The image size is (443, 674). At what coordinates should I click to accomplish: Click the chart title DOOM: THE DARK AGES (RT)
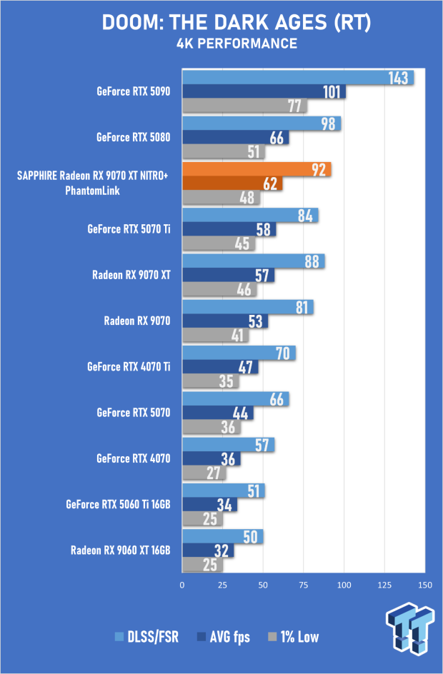pyautogui.click(x=236, y=23)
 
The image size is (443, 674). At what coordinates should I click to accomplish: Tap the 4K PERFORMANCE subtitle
pyautogui.click(x=237, y=44)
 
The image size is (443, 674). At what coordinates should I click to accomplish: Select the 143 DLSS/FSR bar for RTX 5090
pyautogui.click(x=298, y=78)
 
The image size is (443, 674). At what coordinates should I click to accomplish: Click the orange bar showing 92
pyautogui.click(x=257, y=169)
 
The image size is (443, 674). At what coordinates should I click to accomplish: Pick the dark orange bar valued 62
pyautogui.click(x=232, y=183)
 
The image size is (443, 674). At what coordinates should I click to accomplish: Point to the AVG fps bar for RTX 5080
pyautogui.click(x=236, y=138)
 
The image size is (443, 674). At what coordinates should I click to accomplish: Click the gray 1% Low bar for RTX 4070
pyautogui.click(x=204, y=473)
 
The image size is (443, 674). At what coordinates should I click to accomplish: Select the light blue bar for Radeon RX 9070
pyautogui.click(x=248, y=307)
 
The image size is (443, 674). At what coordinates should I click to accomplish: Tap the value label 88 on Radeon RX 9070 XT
pyautogui.click(x=312, y=261)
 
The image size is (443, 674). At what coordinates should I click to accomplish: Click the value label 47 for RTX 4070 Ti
pyautogui.click(x=246, y=367)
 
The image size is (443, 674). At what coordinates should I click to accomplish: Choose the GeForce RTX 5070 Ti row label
pyautogui.click(x=129, y=228)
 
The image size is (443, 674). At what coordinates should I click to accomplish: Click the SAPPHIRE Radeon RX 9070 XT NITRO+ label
pyautogui.click(x=92, y=176)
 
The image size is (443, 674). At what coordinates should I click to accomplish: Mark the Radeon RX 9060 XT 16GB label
pyautogui.click(x=121, y=550)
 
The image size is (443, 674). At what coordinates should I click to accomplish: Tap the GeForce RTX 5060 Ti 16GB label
pyautogui.click(x=119, y=504)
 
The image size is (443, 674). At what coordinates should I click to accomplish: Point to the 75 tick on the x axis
pyautogui.click(x=304, y=585)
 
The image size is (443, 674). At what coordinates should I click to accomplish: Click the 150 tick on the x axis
pyautogui.click(x=425, y=585)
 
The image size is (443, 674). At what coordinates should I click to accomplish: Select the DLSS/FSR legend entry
pyautogui.click(x=146, y=637)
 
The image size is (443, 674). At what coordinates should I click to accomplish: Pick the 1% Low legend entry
pyautogui.click(x=294, y=637)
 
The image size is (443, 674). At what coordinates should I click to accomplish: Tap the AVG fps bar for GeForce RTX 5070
pyautogui.click(x=218, y=413)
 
